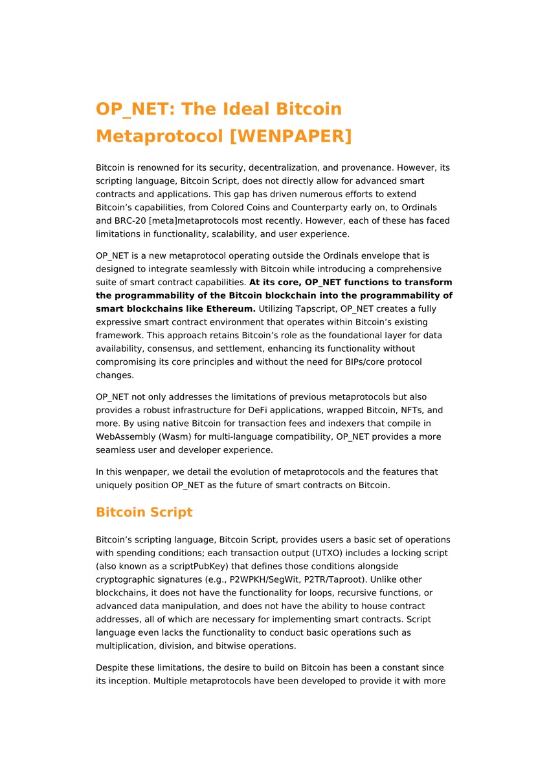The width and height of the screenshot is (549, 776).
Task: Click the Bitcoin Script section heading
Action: pyautogui.click(x=144, y=512)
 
